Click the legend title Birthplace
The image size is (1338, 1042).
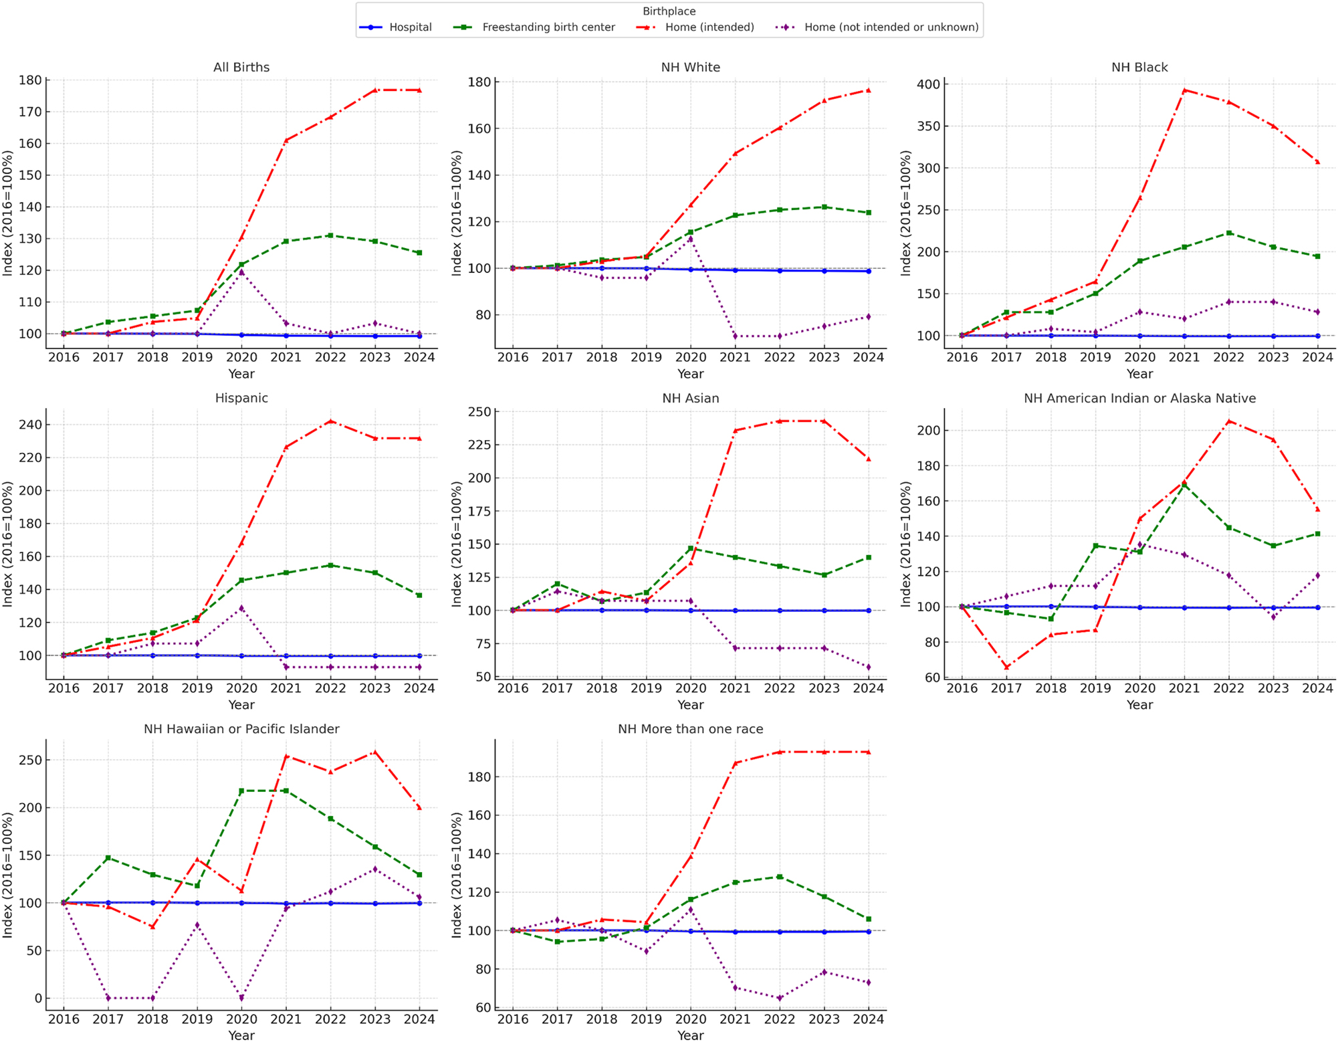tap(669, 11)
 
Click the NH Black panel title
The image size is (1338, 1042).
tap(1139, 68)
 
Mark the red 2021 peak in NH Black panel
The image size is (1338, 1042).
tap(1184, 90)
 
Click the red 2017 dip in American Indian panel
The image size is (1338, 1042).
tap(1006, 667)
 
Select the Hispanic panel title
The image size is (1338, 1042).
tap(241, 398)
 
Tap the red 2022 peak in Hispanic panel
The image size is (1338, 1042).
tap(330, 421)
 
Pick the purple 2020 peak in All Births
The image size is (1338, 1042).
tap(241, 272)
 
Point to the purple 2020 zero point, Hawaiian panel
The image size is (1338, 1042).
tap(241, 998)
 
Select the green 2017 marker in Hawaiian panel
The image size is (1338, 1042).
tap(108, 857)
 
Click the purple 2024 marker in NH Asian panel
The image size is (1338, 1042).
tap(869, 667)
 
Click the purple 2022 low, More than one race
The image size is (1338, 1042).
tap(780, 998)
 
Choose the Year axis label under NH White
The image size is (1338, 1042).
tap(690, 374)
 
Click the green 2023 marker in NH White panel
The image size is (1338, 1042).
tap(824, 207)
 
